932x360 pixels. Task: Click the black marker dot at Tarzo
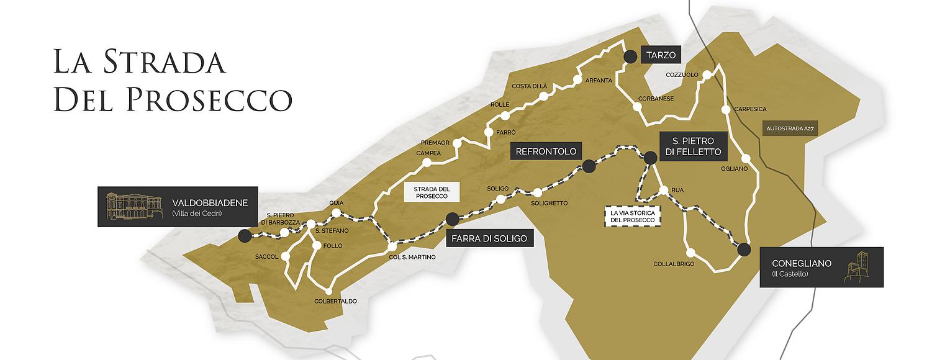pos(630,56)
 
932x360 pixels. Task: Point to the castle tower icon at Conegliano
pos(861,268)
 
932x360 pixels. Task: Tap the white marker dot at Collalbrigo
pos(690,252)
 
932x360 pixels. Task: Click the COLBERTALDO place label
pos(335,302)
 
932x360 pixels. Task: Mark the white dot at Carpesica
pos(725,110)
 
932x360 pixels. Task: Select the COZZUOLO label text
pos(682,75)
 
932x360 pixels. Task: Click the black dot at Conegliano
pos(744,250)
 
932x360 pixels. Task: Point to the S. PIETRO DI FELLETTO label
pos(690,146)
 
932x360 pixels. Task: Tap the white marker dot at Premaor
pos(458,143)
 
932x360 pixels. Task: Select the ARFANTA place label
pos(599,81)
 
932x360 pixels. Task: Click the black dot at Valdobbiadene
pos(245,235)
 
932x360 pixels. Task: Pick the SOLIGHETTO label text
pos(549,203)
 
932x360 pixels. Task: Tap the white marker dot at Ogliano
pos(746,158)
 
